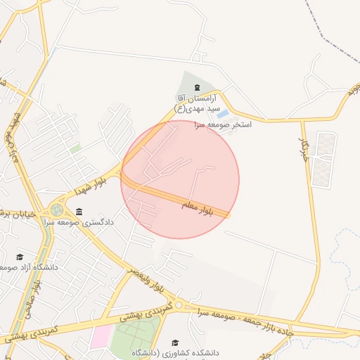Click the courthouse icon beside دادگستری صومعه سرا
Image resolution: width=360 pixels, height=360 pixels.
[79, 212]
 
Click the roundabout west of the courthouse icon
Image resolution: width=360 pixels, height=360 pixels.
[56, 210]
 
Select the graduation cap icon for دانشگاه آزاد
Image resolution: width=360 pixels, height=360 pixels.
[20, 257]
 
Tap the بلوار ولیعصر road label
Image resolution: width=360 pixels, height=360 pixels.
[148, 279]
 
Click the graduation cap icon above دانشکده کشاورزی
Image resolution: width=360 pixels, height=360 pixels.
[175, 342]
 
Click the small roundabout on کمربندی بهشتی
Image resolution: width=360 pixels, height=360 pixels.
[179, 306]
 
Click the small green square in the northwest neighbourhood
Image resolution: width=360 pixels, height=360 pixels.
[75, 149]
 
